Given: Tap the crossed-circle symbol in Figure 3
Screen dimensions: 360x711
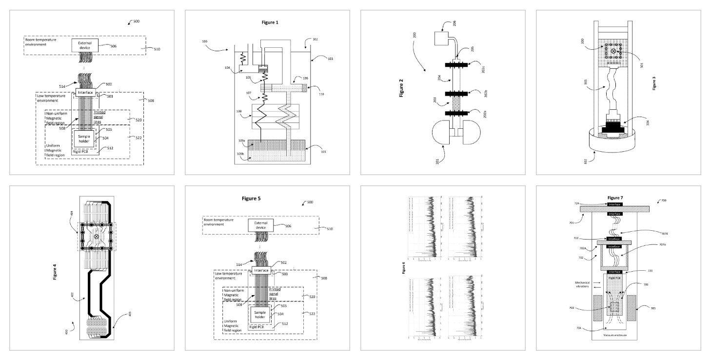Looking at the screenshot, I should point(613,51).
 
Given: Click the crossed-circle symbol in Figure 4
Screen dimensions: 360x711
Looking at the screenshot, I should point(96,237).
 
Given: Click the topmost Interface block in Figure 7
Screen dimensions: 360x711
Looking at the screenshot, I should point(614,203).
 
